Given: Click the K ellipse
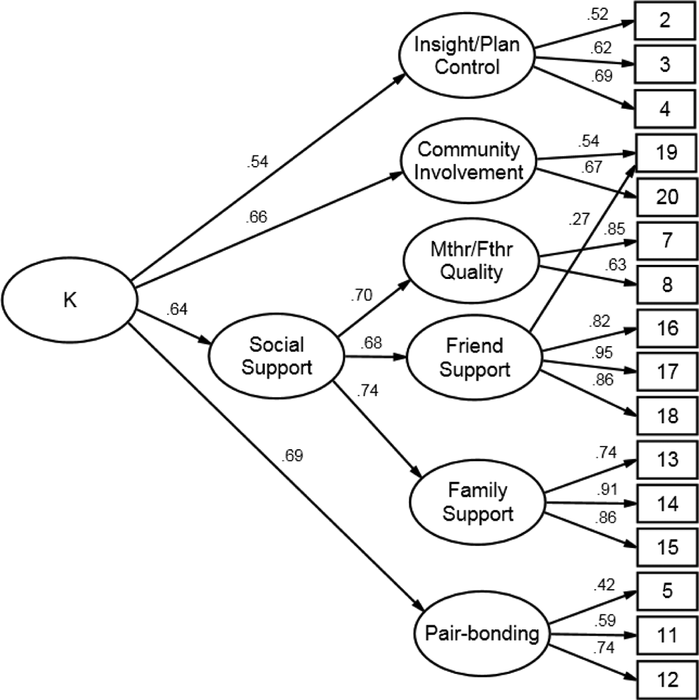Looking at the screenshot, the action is pyautogui.click(x=69, y=300).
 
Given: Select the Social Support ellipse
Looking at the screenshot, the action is pyautogui.click(x=277, y=356).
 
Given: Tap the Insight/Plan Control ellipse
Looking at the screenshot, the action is pyautogui.click(x=467, y=55).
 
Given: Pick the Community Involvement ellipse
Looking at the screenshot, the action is pyautogui.click(x=468, y=161).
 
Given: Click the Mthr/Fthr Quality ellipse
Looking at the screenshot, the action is pyautogui.click(x=472, y=261).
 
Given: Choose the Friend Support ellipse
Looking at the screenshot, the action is pyautogui.click(x=474, y=357).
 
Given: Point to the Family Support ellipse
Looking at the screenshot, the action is pyautogui.click(x=477, y=502).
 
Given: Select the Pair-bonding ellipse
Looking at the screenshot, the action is pyautogui.click(x=482, y=633).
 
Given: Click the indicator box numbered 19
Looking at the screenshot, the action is pyautogui.click(x=667, y=153).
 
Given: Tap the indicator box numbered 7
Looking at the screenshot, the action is pyautogui.click(x=667, y=241).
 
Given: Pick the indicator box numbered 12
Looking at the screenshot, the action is pyautogui.click(x=667, y=680).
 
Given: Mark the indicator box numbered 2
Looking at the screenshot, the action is pyautogui.click(x=664, y=20).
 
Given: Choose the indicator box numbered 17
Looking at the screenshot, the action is pyautogui.click(x=667, y=372).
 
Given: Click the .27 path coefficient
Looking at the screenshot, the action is pyautogui.click(x=580, y=219).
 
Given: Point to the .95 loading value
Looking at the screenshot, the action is pyautogui.click(x=602, y=352).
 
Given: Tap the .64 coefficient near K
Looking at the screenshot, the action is pyautogui.click(x=177, y=309).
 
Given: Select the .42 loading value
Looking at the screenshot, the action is pyautogui.click(x=604, y=584).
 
